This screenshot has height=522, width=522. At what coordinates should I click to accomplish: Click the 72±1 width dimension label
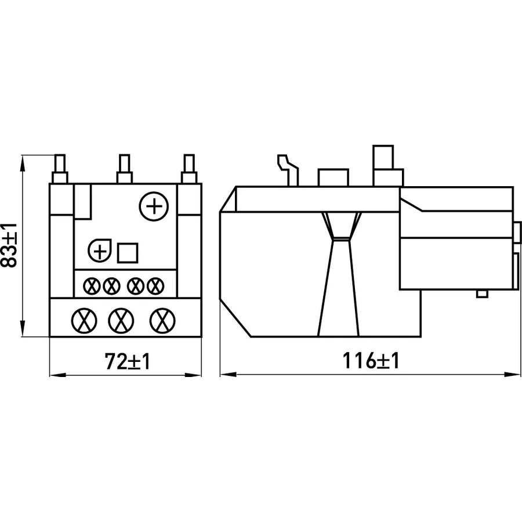tap(128, 361)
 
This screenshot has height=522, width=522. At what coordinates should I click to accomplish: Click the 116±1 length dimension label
tap(371, 361)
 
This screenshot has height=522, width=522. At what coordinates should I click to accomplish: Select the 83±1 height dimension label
tap(9, 246)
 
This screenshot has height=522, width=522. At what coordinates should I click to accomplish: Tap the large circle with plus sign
tap(154, 206)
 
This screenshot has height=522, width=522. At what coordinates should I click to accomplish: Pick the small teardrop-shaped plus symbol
tap(100, 251)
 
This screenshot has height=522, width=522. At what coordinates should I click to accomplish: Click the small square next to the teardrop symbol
tap(128, 253)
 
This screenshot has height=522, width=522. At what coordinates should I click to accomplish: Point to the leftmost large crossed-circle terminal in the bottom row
tap(84, 321)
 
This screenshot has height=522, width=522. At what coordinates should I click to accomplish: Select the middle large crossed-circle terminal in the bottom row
tap(121, 321)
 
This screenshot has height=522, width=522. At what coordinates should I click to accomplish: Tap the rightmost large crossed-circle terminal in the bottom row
tap(162, 321)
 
